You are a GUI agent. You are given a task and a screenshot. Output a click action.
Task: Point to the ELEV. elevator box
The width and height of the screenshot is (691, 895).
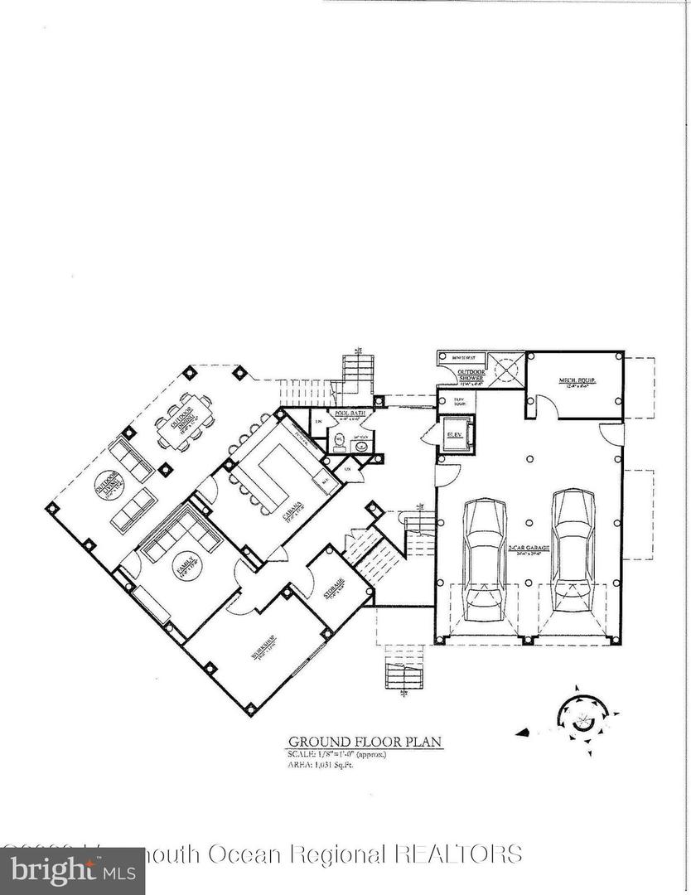click(x=456, y=434)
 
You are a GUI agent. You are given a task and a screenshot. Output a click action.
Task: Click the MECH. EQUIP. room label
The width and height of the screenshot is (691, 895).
click(x=577, y=382)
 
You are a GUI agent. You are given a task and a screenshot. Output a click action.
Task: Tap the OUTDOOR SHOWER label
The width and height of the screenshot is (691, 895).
click(x=471, y=377)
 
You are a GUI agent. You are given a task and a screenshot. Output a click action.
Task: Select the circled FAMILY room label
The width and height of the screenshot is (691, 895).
click(x=182, y=567)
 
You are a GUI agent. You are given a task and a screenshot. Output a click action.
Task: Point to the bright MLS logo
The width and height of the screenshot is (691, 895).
click(x=72, y=871)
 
